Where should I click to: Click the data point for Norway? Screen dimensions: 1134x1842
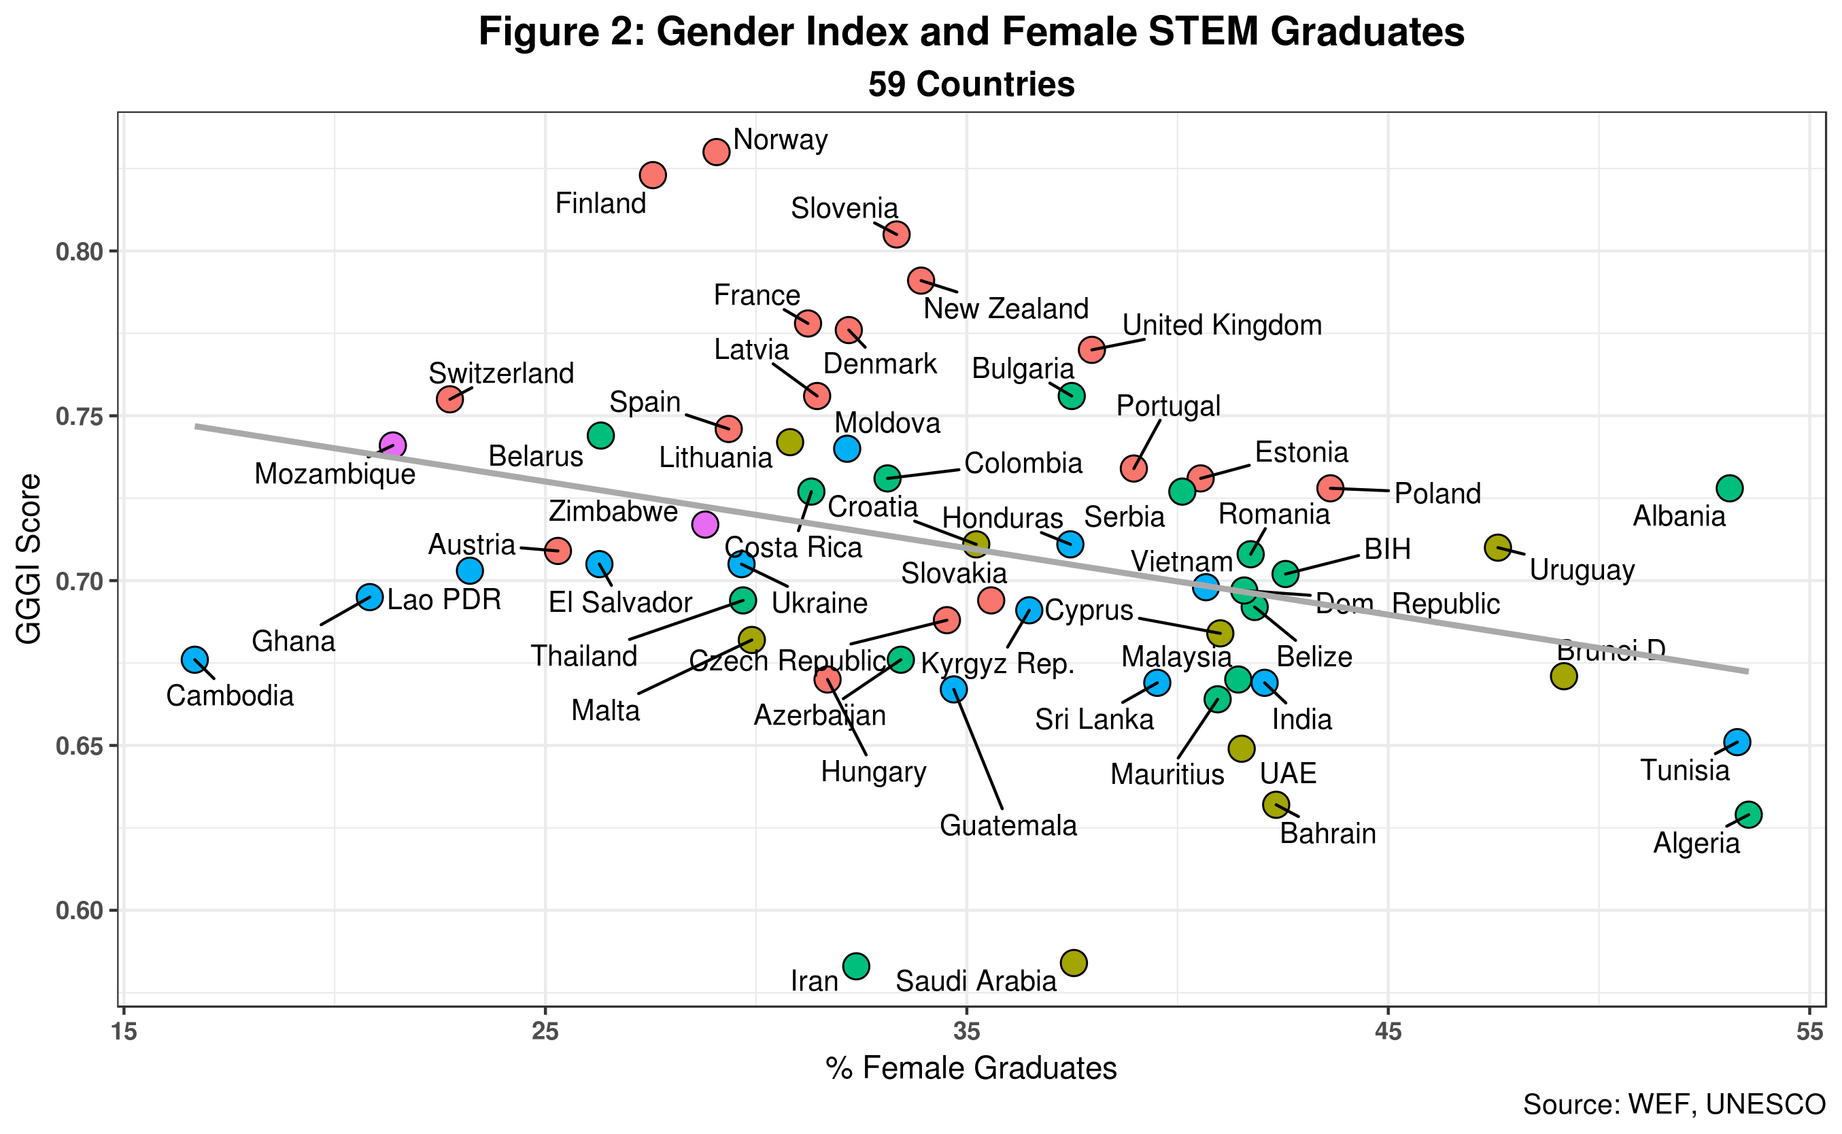(716, 152)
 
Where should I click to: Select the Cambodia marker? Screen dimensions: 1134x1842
(195, 660)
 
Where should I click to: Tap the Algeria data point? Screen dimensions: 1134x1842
(1748, 814)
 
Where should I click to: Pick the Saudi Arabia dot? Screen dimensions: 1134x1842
(1074, 962)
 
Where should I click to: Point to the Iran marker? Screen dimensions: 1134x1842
(856, 965)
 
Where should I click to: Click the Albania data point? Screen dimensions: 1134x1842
(1730, 488)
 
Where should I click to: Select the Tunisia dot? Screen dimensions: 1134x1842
(1737, 742)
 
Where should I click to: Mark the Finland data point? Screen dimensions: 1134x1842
(653, 175)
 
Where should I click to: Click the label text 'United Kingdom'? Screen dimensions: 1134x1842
(1222, 326)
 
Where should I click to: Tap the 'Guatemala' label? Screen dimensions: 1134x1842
(1008, 826)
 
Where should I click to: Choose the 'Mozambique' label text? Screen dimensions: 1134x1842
(335, 474)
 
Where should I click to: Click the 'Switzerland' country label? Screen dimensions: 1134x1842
(501, 373)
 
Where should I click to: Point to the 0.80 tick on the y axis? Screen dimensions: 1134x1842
(79, 252)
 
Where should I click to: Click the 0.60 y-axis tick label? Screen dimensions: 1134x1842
(79, 910)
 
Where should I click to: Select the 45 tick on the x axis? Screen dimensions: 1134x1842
(1388, 1033)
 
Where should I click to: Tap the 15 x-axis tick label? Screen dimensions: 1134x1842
(124, 1033)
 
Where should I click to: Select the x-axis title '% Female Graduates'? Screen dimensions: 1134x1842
(971, 1068)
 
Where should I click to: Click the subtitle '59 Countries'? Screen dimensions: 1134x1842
(971, 84)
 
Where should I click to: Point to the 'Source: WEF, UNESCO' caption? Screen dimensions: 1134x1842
(1674, 1104)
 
